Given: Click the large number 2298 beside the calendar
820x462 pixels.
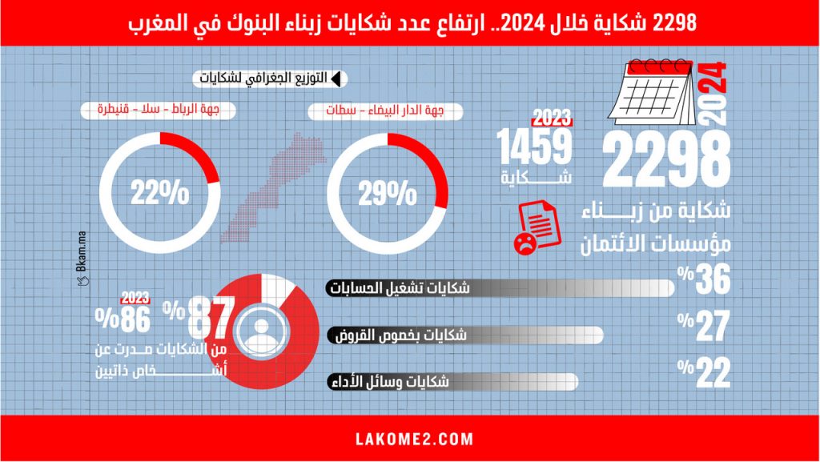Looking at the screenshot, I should click(x=665, y=160).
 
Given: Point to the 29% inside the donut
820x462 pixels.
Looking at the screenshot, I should click(x=388, y=192).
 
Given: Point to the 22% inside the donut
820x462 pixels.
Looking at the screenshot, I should click(x=161, y=192).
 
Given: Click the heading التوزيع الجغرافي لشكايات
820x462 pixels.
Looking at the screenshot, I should click(x=265, y=78).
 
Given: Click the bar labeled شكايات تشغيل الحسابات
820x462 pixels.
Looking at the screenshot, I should click(x=500, y=288).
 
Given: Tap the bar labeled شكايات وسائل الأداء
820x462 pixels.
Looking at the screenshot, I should click(x=452, y=382).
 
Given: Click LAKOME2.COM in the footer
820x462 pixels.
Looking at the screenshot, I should click(x=413, y=440).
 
